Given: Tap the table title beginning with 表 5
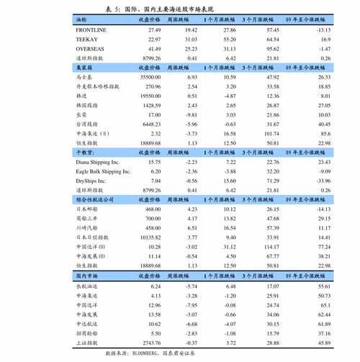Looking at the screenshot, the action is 180,8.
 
